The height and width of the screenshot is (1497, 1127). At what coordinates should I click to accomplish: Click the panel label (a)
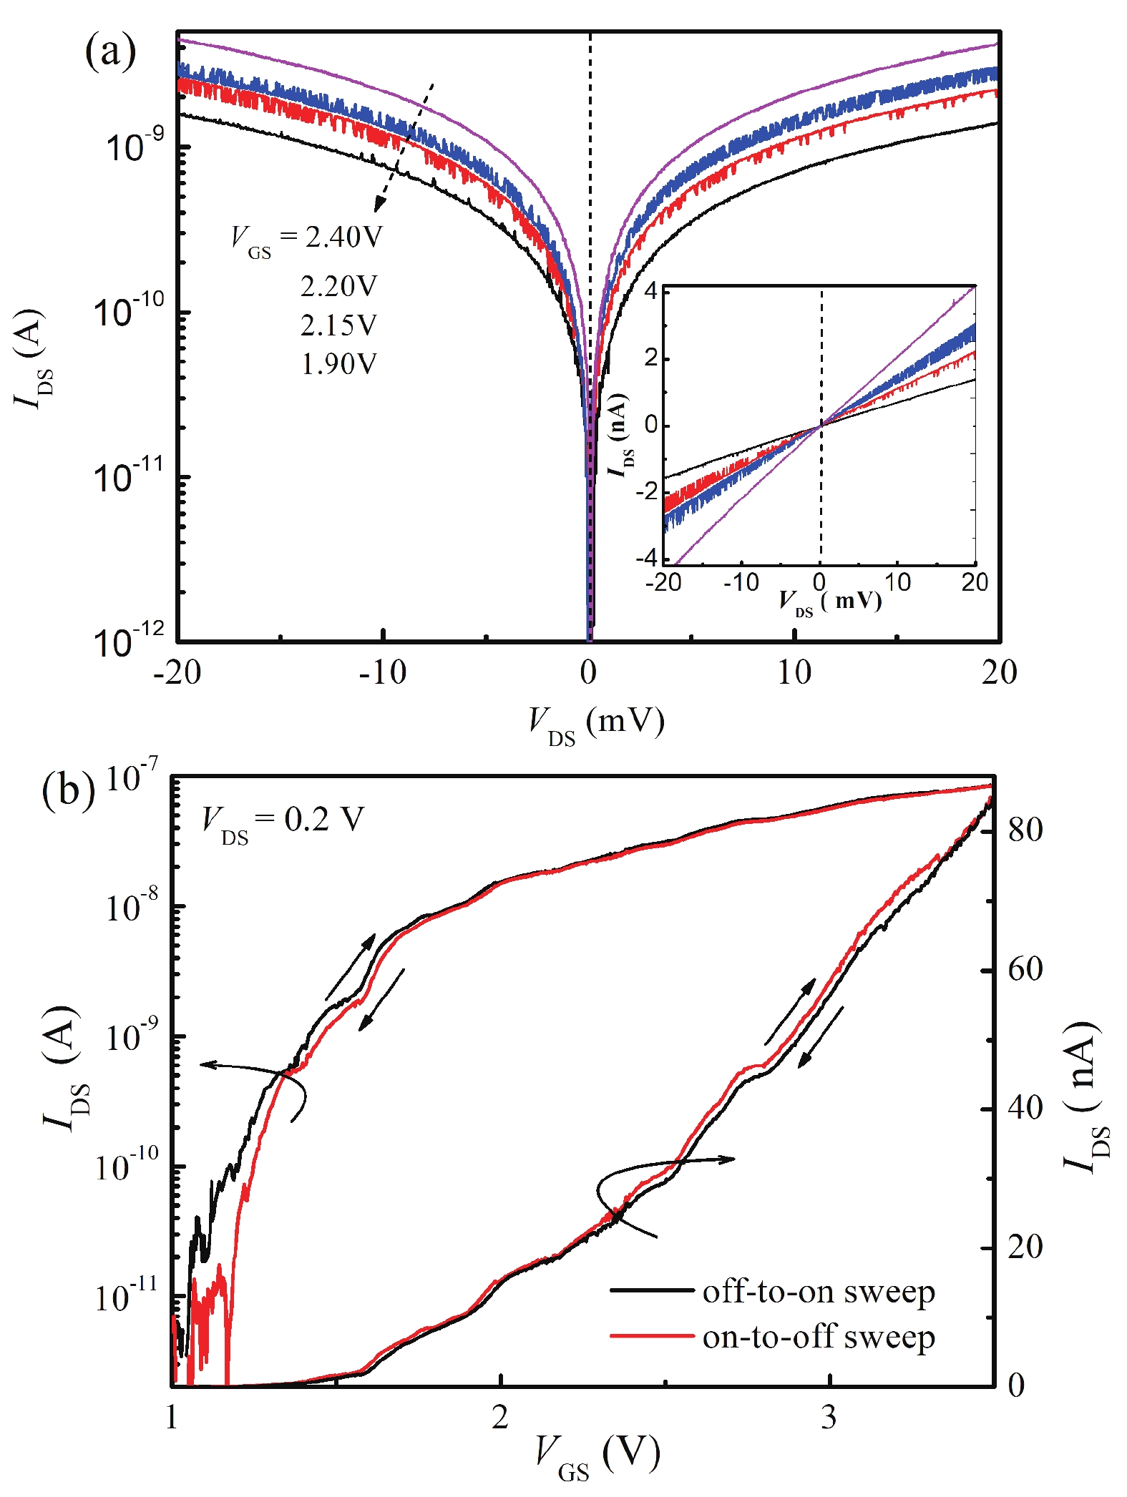point(109,51)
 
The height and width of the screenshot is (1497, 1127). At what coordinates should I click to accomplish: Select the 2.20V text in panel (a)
point(338,287)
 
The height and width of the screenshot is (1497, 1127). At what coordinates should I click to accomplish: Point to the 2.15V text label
point(338,325)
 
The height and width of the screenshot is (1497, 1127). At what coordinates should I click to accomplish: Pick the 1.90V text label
point(338,364)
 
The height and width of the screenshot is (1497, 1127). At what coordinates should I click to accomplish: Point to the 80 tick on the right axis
point(1025,830)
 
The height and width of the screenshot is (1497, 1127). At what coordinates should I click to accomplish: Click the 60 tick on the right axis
point(1025,969)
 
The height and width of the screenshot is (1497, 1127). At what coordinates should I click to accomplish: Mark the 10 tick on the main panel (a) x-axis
point(794,672)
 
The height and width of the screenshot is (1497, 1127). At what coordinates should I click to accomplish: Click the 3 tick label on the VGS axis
point(829,1416)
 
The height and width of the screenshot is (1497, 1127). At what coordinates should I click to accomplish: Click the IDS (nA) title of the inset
point(620,434)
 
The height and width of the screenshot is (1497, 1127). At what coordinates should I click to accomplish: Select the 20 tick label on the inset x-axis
point(974,583)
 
